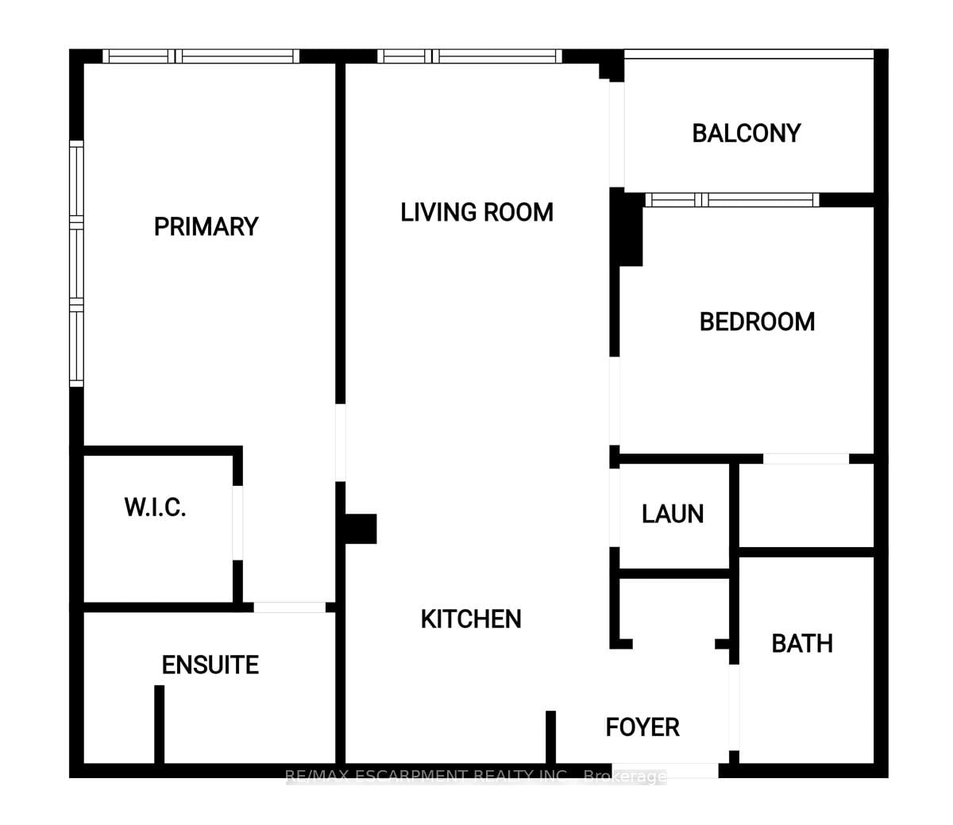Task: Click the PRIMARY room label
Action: (x=206, y=226)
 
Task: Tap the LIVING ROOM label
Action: (x=476, y=212)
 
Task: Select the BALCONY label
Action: (x=746, y=133)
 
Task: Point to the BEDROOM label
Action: (x=757, y=322)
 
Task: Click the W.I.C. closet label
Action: (x=155, y=507)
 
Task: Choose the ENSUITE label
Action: (x=210, y=665)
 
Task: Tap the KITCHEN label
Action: (x=471, y=619)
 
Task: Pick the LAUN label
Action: (x=673, y=514)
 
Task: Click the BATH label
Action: (x=802, y=642)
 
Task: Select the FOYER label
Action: (x=642, y=727)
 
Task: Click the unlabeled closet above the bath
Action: (x=805, y=506)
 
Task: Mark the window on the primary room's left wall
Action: (x=76, y=264)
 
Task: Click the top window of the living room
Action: (x=469, y=56)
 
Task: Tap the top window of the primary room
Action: (x=202, y=56)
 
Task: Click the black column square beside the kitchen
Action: (x=361, y=529)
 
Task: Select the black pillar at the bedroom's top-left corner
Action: (x=628, y=230)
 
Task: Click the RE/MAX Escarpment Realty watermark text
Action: (x=476, y=776)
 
